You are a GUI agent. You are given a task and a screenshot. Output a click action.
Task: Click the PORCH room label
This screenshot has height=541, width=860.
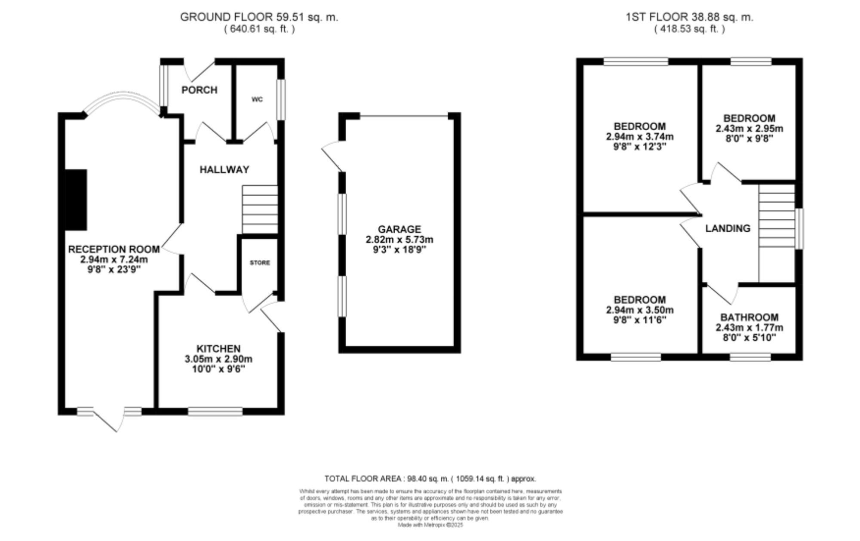point(199,90)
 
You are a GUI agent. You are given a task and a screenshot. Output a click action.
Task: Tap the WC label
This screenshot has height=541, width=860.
point(257,99)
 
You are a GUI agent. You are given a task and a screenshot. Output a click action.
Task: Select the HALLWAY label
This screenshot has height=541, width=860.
point(224,169)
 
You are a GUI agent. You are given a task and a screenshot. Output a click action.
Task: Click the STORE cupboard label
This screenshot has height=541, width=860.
point(260,262)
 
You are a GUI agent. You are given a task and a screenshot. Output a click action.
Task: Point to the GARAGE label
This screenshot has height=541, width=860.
point(399,229)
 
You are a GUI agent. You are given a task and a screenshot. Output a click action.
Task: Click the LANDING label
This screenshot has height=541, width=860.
point(728,228)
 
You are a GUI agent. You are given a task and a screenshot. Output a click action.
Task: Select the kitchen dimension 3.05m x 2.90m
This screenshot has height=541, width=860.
point(218,359)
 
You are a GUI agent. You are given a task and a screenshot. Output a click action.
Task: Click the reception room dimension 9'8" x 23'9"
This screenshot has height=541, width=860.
point(114,270)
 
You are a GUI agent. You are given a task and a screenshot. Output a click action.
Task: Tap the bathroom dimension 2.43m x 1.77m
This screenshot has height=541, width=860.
point(749,328)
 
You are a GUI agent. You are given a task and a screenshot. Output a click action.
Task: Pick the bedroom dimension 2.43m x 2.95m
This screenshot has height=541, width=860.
point(749,129)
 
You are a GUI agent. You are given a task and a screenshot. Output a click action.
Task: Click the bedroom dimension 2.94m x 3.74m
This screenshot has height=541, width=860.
point(639,137)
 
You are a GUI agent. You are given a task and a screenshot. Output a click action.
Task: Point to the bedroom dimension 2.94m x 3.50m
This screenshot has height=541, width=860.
point(639,310)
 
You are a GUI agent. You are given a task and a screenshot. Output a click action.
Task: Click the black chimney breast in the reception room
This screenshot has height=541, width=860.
point(76,200)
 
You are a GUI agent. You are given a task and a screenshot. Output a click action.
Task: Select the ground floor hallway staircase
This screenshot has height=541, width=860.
point(260,209)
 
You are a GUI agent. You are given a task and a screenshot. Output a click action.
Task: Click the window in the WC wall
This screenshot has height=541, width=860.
point(281,99)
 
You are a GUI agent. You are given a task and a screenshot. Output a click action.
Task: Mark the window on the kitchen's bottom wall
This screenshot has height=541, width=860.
point(215,411)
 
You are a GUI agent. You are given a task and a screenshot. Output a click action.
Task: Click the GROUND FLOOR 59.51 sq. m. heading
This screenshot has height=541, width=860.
point(259,17)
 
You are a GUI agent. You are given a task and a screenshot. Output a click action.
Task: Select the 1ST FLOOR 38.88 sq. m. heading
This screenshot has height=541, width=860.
point(689,17)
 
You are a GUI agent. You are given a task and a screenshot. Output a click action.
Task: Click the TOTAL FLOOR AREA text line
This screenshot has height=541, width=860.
point(430,479)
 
